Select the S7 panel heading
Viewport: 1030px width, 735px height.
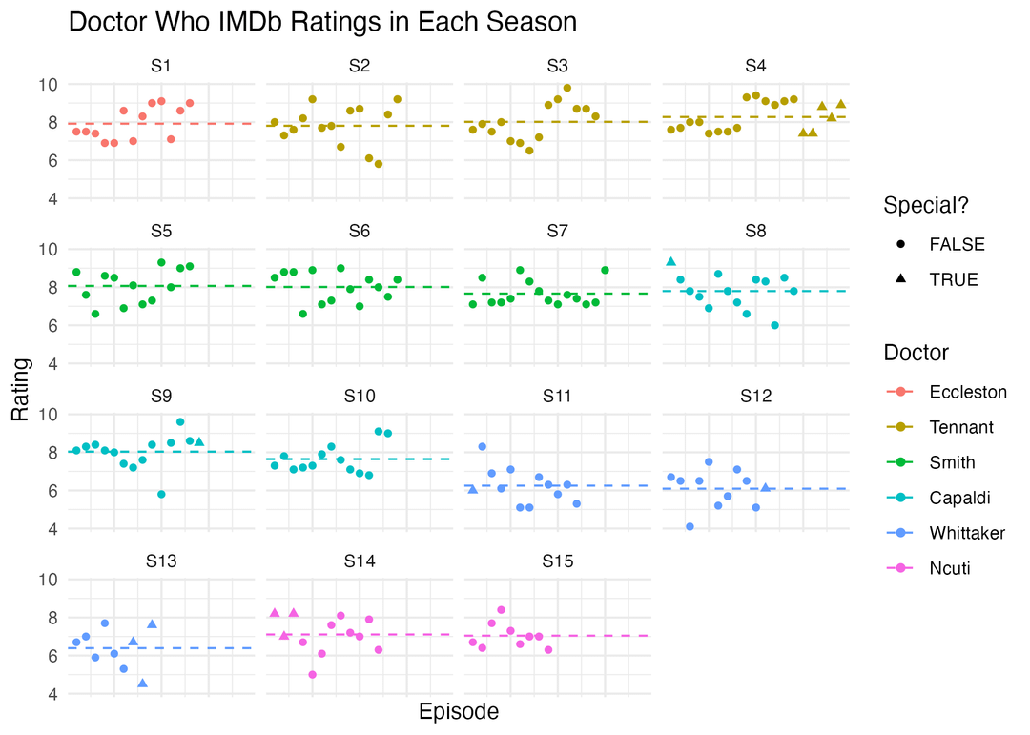point(557,232)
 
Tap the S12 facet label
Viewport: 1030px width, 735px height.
point(755,396)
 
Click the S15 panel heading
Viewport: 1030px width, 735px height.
point(557,561)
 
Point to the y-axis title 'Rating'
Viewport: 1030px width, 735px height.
point(20,389)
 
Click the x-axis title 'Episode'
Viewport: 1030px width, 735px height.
point(459,711)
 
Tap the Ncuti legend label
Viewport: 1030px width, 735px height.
point(950,568)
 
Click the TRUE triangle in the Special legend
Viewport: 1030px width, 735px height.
point(900,279)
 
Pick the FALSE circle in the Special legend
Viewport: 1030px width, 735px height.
point(900,244)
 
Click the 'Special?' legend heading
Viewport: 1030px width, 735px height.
point(926,206)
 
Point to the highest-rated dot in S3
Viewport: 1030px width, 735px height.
point(566,88)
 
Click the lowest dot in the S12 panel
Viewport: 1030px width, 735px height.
point(690,527)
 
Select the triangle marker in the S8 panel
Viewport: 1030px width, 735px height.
point(670,261)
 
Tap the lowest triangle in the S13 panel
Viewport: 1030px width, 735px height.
point(142,684)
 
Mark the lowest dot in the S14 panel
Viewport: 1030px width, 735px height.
point(312,675)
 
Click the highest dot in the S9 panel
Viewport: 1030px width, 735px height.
point(180,421)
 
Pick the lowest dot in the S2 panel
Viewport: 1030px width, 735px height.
point(379,164)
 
